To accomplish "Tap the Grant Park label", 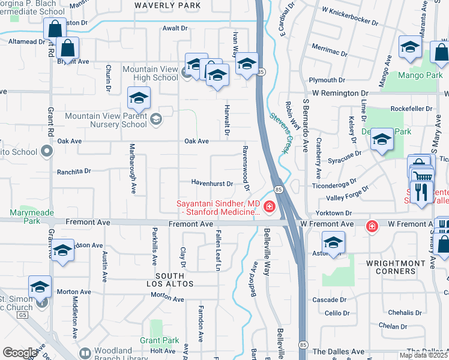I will (x=160, y=340).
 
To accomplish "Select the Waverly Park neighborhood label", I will (x=159, y=5).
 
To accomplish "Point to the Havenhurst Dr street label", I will (x=212, y=182).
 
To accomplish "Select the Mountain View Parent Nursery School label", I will (x=106, y=120).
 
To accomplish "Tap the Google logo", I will (x=20, y=353).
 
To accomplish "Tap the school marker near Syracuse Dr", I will (x=381, y=141).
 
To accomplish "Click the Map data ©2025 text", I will (x=423, y=355).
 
